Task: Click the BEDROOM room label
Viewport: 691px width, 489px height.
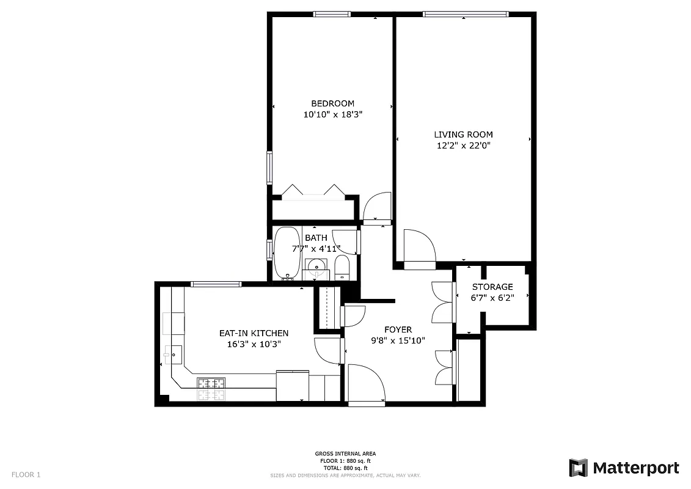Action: pyautogui.click(x=332, y=103)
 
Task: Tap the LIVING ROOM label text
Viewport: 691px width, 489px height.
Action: pyautogui.click(x=463, y=134)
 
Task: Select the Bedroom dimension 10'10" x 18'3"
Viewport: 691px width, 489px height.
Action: pyautogui.click(x=332, y=114)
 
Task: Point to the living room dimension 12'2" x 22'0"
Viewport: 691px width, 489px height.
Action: pyautogui.click(x=463, y=145)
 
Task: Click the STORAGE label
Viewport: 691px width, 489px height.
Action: pyautogui.click(x=492, y=287)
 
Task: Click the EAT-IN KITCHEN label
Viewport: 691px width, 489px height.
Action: pyautogui.click(x=254, y=333)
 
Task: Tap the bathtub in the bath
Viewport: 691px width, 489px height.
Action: pyautogui.click(x=285, y=252)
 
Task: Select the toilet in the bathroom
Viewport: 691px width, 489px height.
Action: pyautogui.click(x=342, y=267)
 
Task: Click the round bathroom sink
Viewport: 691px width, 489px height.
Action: pyautogui.click(x=316, y=266)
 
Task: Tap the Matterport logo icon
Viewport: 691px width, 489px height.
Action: pyautogui.click(x=578, y=468)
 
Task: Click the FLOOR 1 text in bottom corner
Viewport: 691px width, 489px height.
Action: pyautogui.click(x=26, y=474)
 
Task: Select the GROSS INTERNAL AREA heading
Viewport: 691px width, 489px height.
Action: pyautogui.click(x=345, y=454)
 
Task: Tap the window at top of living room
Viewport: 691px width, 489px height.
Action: pyautogui.click(x=466, y=14)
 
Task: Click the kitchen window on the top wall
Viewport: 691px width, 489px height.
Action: pyautogui.click(x=216, y=284)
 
